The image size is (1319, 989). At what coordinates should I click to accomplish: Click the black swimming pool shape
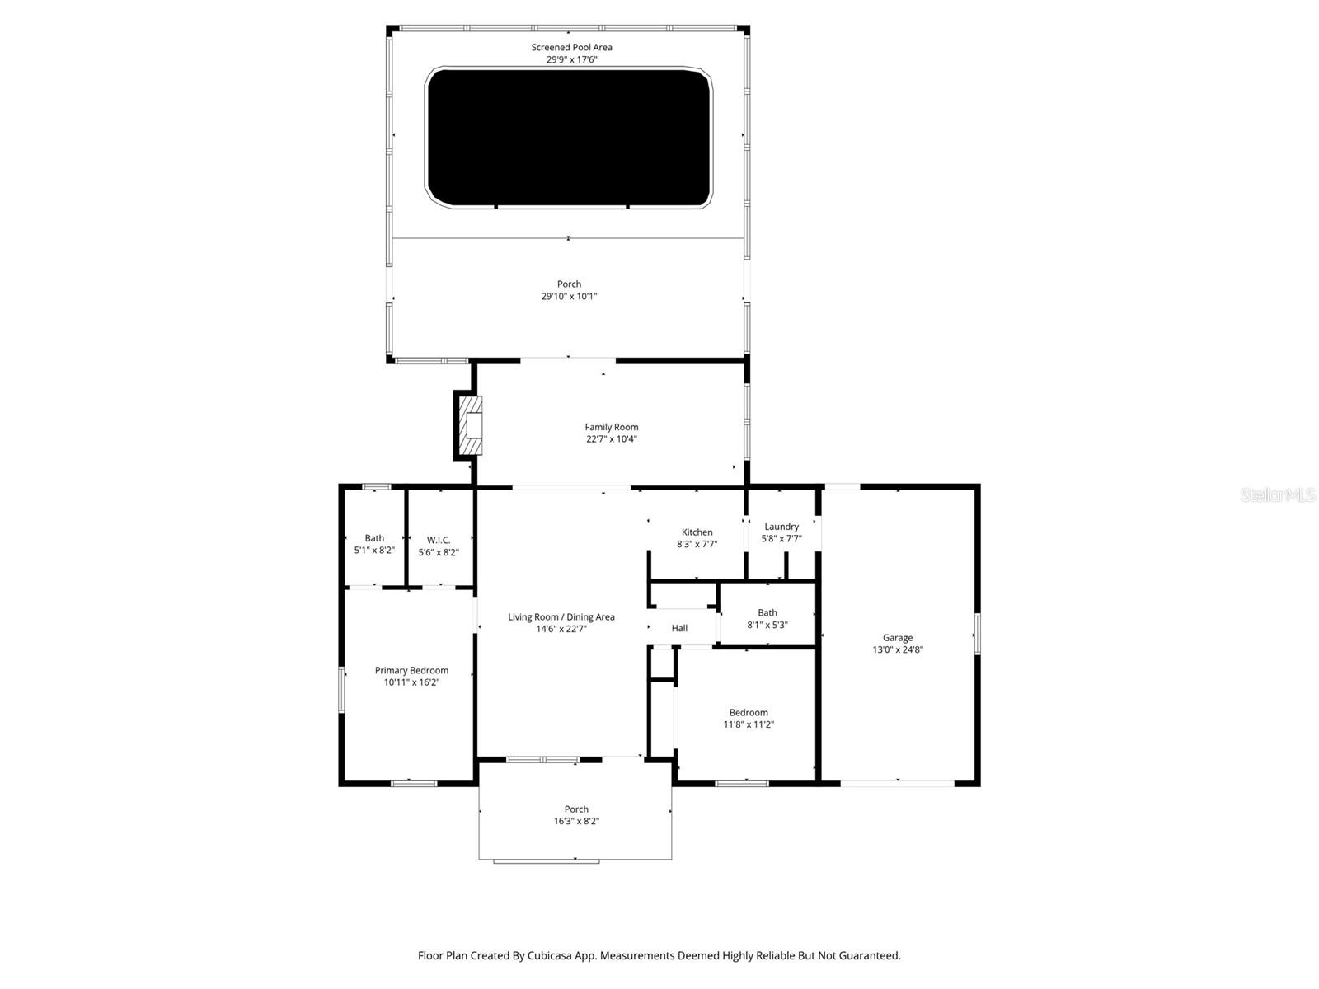568,137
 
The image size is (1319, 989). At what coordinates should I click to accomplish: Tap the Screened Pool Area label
571,47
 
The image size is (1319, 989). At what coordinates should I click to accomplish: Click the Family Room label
611,427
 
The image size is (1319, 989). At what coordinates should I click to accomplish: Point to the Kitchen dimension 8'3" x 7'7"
697,544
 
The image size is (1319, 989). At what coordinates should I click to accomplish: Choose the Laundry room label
781,527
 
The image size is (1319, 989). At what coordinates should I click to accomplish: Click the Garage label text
897,637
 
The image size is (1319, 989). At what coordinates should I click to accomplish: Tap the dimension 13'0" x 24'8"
897,649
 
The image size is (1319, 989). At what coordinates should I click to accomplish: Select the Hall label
678,628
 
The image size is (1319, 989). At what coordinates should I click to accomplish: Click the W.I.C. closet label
438,540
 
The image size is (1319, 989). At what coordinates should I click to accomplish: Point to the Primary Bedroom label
411,670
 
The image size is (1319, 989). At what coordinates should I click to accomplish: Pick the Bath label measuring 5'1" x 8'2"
374,538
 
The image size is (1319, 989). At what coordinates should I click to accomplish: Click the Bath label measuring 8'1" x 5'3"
767,612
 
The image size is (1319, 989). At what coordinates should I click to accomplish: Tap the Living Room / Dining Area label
561,616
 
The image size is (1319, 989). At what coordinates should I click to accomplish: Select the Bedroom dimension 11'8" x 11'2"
748,724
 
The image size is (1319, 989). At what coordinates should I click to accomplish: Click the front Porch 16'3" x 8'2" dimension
576,821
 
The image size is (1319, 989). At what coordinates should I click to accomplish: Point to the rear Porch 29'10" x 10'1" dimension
569,296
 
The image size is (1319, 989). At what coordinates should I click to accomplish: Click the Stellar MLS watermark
1277,494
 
